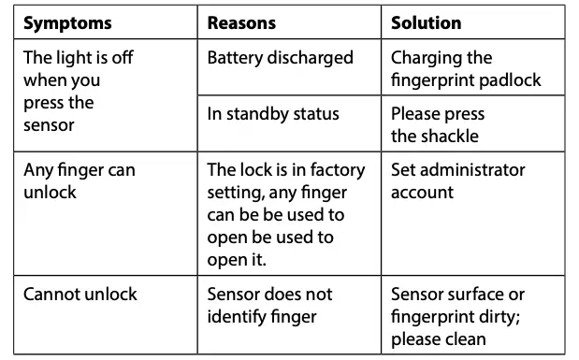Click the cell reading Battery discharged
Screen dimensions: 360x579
point(280,58)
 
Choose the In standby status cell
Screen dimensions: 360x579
point(273,114)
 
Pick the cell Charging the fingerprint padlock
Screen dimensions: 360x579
point(466,68)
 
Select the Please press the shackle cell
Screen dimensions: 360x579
point(438,124)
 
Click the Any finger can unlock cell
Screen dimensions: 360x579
point(79,180)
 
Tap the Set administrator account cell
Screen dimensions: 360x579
point(458,180)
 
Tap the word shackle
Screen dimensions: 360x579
point(448,136)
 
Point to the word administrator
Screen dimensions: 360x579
point(472,169)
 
